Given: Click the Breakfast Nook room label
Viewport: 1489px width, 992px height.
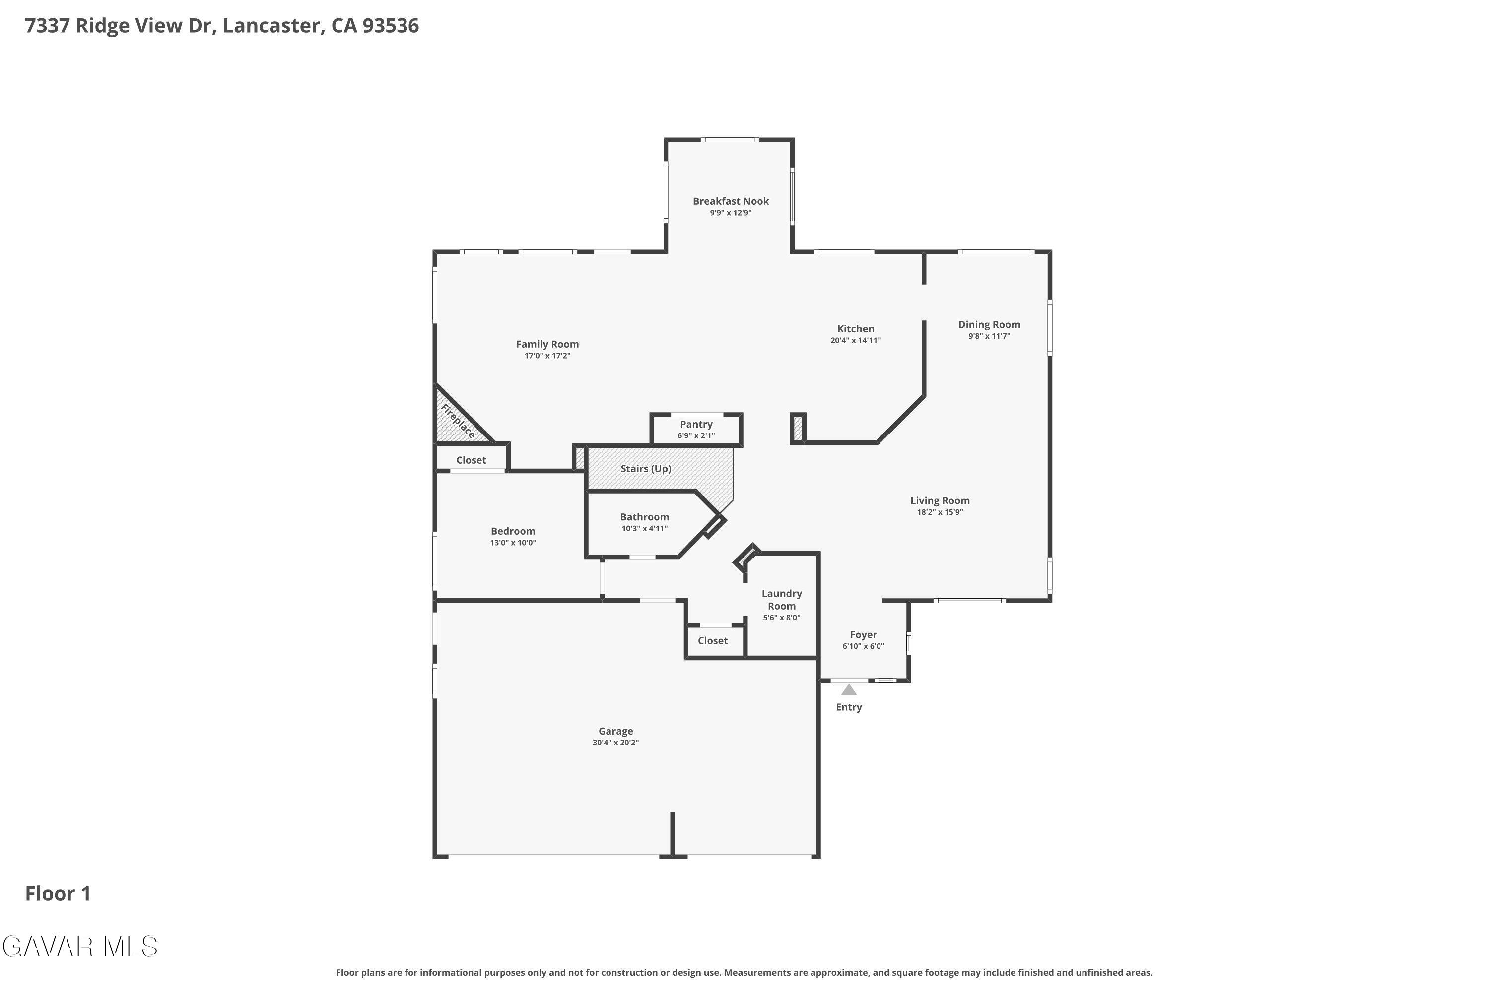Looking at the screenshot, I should click(731, 201).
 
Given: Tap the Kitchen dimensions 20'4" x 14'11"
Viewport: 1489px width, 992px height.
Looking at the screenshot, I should click(855, 340).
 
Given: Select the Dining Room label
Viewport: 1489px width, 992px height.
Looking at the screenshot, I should click(989, 324).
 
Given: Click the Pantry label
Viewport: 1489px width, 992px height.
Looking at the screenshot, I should click(696, 424).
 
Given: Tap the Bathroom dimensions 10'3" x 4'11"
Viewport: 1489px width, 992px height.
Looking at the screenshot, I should click(644, 529).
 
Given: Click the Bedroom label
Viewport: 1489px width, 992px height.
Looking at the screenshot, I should click(513, 531).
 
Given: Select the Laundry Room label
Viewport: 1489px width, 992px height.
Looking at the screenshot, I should click(781, 599).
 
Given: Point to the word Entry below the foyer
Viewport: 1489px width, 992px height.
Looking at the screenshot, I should click(848, 707).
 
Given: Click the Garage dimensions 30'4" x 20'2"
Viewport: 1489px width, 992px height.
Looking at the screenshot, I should click(615, 743).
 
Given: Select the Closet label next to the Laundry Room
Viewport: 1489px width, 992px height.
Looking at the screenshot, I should click(712, 640).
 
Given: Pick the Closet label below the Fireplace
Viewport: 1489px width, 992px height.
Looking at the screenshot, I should click(471, 460).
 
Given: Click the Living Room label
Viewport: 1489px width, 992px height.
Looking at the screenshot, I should click(940, 500).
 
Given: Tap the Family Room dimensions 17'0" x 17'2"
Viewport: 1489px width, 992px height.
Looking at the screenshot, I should click(547, 356).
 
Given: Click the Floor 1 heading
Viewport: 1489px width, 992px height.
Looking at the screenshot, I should click(58, 893).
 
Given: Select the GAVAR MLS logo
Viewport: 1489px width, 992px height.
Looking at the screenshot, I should click(80, 947).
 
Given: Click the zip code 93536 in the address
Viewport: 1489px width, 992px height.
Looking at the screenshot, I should click(391, 25).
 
